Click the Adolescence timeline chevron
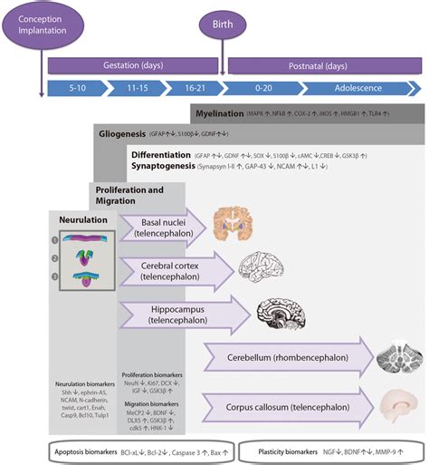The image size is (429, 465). [x=357, y=89]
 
